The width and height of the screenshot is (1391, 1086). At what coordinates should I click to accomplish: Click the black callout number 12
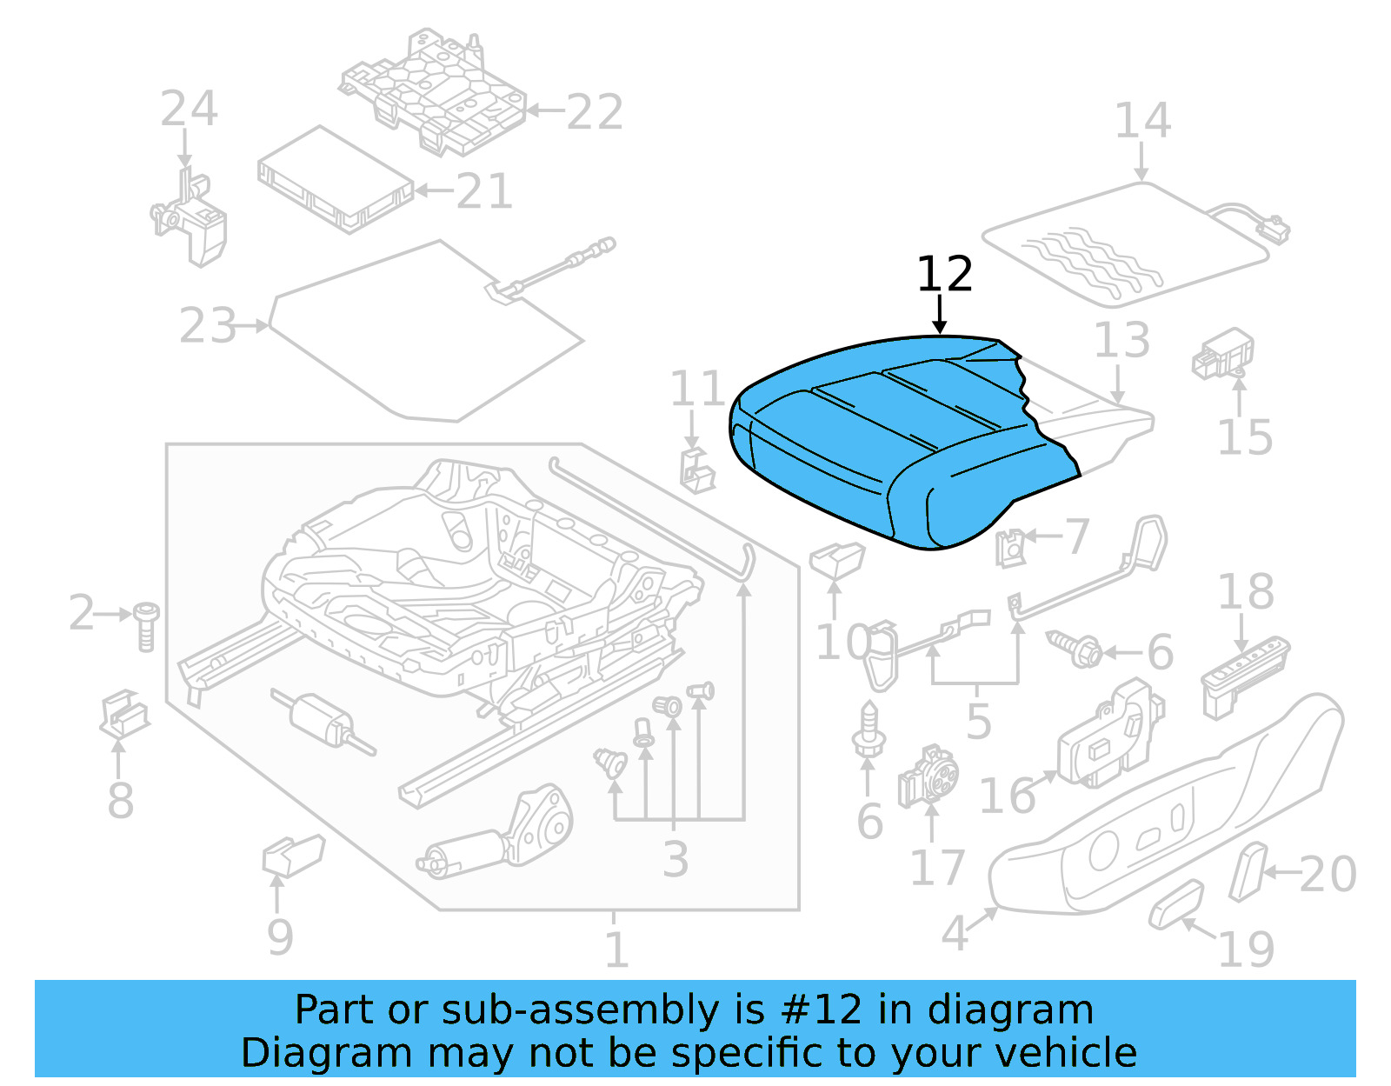click(944, 275)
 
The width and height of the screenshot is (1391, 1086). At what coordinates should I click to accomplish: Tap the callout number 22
click(595, 113)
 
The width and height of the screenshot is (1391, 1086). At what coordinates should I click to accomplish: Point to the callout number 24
click(189, 110)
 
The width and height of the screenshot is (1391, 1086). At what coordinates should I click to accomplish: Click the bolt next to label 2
click(146, 625)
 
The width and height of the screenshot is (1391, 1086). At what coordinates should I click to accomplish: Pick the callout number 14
click(1142, 121)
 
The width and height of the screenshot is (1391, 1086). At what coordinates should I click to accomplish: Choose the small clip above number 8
click(124, 714)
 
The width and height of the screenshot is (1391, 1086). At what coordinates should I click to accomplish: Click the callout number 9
click(280, 937)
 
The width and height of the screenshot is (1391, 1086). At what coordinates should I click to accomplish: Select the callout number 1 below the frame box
click(616, 949)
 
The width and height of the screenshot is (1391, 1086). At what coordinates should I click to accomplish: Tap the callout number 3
click(675, 859)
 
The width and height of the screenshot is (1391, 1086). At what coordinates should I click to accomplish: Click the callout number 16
click(1007, 796)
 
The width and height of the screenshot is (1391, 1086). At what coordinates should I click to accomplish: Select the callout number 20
click(1328, 874)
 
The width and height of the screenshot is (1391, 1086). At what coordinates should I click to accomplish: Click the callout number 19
click(1246, 949)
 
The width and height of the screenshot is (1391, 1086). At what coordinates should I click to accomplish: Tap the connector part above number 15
click(1222, 355)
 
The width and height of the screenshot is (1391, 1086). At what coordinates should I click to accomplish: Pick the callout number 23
click(208, 327)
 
